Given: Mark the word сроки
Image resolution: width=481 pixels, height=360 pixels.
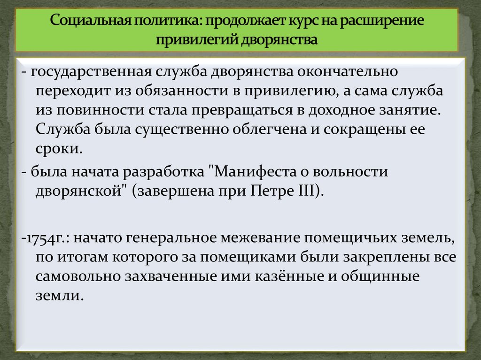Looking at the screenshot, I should click(x=59, y=149).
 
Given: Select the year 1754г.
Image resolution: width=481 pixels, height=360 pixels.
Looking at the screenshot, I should click(x=46, y=238).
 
